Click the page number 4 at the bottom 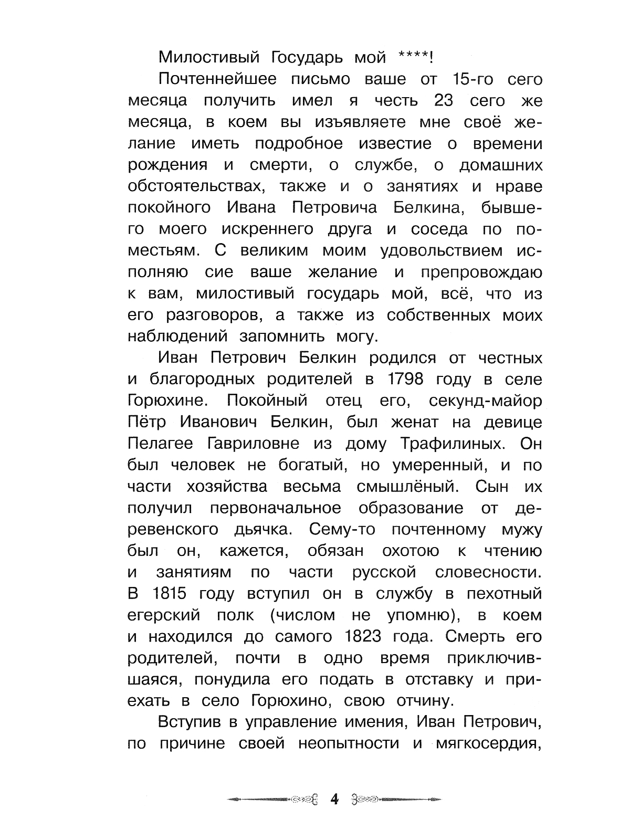(x=334, y=800)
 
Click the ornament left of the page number (x=273, y=800)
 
